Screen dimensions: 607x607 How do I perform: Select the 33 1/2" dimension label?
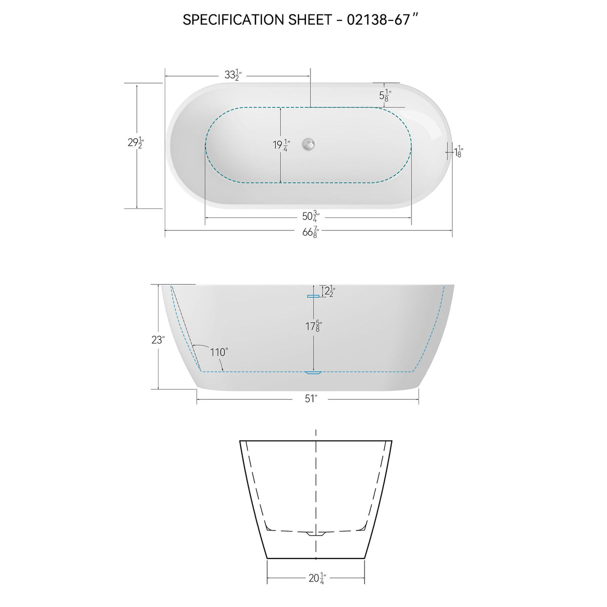click(233, 75)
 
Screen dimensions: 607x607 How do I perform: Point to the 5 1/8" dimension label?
click(385, 95)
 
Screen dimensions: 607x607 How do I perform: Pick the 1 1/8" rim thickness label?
click(458, 151)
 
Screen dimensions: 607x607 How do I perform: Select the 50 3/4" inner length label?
click(310, 216)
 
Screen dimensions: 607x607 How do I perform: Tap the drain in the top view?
click(308, 144)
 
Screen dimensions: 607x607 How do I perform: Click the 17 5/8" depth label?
click(313, 326)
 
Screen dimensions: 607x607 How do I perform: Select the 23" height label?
click(158, 340)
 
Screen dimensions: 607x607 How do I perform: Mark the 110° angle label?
click(218, 352)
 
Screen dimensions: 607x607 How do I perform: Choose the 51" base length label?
click(311, 398)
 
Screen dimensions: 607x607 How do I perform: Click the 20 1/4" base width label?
click(316, 578)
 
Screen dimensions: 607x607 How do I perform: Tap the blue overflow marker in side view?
click(313, 296)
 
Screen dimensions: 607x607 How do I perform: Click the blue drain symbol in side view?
click(313, 372)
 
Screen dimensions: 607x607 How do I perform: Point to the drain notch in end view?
click(315, 533)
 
